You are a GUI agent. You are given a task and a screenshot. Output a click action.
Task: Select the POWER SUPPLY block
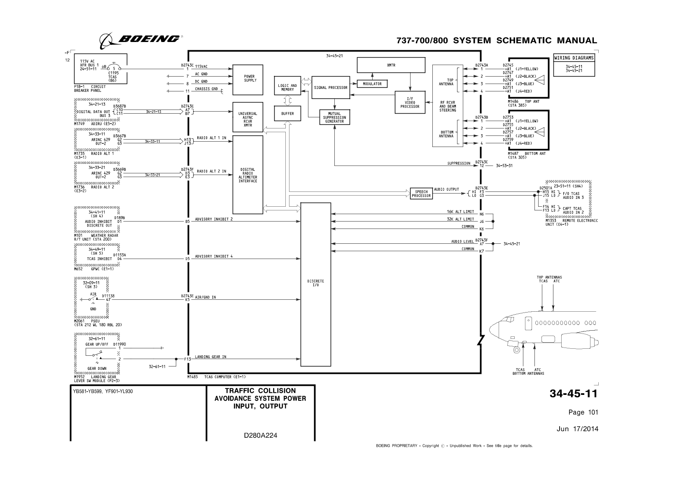coord(247,78)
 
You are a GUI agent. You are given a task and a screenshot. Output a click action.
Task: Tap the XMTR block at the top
coord(390,65)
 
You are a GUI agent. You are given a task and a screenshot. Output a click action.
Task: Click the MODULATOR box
coord(372,84)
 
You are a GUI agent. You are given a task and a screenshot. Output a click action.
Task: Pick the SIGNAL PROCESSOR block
coord(330,87)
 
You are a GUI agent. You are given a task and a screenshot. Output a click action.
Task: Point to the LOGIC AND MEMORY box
coord(287,88)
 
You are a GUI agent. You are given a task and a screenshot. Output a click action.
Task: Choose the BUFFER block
coord(287,113)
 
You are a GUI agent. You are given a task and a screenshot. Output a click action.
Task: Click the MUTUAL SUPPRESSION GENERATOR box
coord(334,117)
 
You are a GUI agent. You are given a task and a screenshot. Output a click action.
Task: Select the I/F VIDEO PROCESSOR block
coord(410,103)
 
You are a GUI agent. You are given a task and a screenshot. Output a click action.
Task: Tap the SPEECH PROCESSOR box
coord(421,194)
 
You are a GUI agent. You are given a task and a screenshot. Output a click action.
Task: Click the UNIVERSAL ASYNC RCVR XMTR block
coord(247,117)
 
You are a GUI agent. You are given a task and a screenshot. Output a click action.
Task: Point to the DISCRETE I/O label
coord(315,283)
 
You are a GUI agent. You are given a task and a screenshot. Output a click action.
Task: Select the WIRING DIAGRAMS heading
coord(574,58)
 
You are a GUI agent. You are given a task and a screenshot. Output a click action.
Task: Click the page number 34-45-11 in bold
coord(573,394)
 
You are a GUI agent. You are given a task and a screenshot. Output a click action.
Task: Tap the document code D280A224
coord(260,435)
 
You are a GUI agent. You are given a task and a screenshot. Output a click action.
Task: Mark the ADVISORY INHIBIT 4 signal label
coord(214,257)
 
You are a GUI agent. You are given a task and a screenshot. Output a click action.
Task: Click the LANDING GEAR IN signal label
coord(210,357)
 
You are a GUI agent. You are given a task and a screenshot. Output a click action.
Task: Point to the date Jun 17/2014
coord(577,429)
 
